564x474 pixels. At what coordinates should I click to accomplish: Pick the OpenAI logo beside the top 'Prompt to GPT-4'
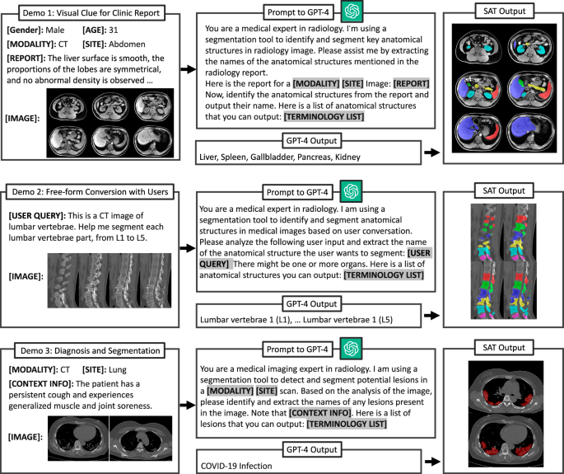tap(353, 11)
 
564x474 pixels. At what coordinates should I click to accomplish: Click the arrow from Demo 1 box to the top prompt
tap(186, 68)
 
